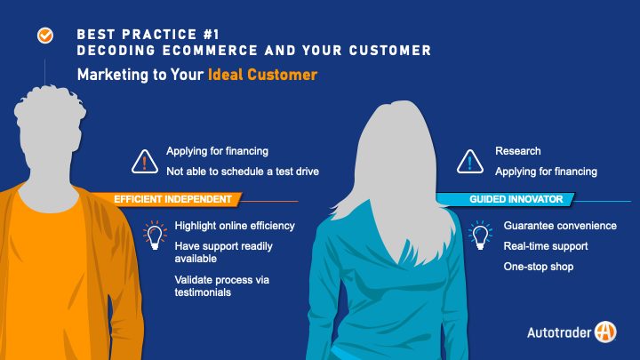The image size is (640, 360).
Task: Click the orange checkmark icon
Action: coord(45,36)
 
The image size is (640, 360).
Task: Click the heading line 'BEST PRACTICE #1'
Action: coord(148,35)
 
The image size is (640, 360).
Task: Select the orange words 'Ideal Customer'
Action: coord(262,75)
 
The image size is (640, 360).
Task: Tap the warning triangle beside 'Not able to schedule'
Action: coord(145,162)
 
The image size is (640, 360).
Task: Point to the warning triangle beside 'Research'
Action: coord(470,162)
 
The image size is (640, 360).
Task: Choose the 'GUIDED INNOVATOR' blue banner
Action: coord(506,199)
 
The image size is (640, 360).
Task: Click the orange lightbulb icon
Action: coord(155,235)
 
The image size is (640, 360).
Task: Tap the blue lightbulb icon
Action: coord(480,235)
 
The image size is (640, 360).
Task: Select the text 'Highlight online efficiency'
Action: coord(235,226)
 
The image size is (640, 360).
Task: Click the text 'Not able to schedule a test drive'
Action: coord(243,172)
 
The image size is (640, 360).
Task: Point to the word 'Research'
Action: coord(518,151)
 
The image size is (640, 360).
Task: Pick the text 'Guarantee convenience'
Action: coord(560,226)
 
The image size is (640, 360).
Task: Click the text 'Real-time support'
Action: coord(546,246)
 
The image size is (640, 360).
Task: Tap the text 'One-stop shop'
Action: coord(539,267)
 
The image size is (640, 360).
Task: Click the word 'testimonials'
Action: coord(203,292)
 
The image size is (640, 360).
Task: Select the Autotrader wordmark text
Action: coord(559,332)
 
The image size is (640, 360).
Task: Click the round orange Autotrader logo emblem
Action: coord(605,332)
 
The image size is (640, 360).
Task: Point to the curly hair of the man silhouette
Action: coord(50,106)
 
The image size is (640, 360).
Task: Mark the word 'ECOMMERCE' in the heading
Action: coord(210,51)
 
